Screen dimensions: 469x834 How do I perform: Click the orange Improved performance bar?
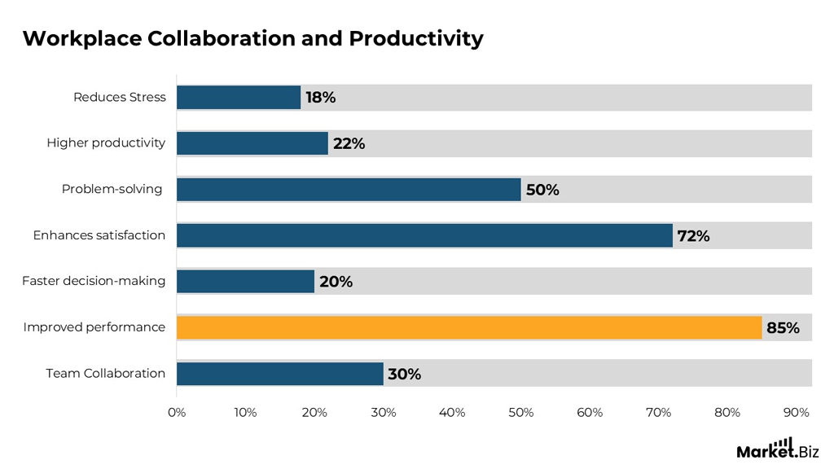[x=468, y=327]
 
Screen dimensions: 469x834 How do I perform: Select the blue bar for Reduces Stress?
[x=239, y=98]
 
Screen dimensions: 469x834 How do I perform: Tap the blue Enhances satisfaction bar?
[x=424, y=235]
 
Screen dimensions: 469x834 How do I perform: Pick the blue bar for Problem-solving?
[x=349, y=190]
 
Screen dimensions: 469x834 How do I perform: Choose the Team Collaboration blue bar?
[x=279, y=374]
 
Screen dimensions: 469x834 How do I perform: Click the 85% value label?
[x=783, y=328]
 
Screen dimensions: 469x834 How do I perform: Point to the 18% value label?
[x=320, y=98]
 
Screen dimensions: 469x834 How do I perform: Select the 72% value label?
[x=693, y=236]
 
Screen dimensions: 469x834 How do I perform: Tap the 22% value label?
[x=349, y=144]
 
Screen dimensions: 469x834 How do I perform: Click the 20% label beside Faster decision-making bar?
[x=336, y=282]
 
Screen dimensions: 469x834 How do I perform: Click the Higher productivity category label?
[x=106, y=143]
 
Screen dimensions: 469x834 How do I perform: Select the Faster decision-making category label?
[x=94, y=281]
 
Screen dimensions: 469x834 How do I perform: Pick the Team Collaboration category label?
[x=106, y=373]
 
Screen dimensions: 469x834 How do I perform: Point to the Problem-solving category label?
[x=112, y=189]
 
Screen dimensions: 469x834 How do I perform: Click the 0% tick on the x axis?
[x=177, y=413]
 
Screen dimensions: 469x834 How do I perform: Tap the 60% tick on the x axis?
[x=590, y=413]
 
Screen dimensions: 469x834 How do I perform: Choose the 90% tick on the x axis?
[x=796, y=413]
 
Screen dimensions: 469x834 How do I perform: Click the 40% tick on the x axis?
[x=452, y=413]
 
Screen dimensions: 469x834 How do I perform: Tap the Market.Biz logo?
[x=777, y=449]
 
